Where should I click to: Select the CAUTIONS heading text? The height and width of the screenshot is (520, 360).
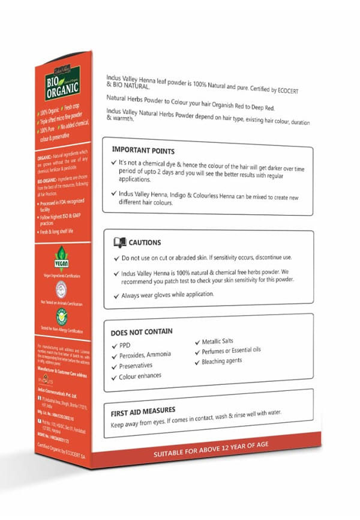coord(145,243)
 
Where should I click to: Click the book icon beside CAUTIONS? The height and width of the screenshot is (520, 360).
coord(119,242)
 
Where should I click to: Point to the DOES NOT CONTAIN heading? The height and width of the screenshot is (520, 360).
coord(142,331)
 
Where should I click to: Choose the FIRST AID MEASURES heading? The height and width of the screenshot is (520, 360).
coord(147,413)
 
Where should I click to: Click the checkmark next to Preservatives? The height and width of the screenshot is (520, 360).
coord(114,366)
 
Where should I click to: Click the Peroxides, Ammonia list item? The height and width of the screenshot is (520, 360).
coord(145,355)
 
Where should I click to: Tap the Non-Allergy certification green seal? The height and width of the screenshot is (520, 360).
coord(61,316)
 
